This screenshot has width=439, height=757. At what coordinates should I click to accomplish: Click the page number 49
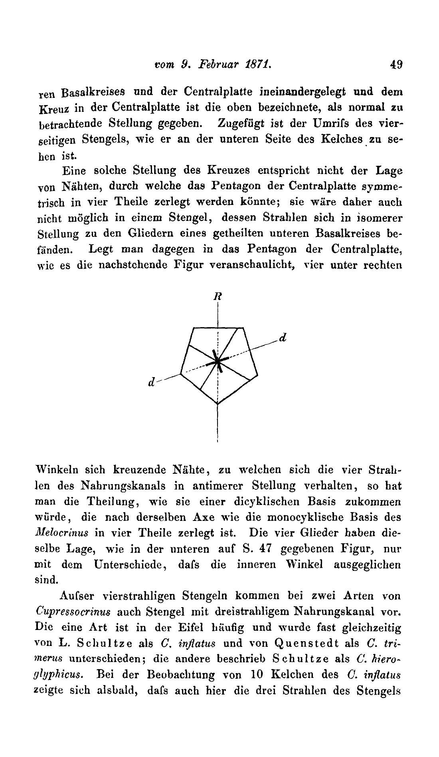click(396, 65)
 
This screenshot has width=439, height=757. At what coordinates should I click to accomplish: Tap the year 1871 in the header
click(257, 64)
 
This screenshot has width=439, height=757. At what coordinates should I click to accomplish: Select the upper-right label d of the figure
click(283, 338)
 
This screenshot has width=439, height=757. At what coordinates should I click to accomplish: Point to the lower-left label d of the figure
click(151, 382)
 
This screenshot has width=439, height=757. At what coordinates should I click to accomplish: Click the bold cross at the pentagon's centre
click(218, 361)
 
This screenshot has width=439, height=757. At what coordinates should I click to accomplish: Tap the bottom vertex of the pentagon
click(218, 404)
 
